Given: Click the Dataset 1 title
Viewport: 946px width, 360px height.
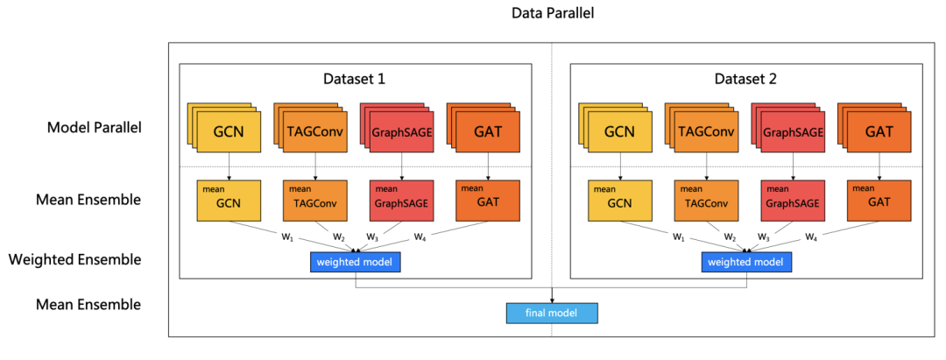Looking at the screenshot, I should pyautogui.click(x=355, y=79).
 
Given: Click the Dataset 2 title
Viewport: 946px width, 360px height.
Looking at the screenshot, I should pyautogui.click(x=745, y=79).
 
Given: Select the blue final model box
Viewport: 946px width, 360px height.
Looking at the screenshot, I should pyautogui.click(x=552, y=313).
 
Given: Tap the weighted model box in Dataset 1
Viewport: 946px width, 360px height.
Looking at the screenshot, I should pyautogui.click(x=356, y=262).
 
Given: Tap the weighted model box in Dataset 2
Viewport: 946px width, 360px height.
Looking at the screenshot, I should pyautogui.click(x=746, y=262).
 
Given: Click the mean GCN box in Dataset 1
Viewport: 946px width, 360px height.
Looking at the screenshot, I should pyautogui.click(x=229, y=200).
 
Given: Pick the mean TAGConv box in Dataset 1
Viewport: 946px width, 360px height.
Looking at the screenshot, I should pyautogui.click(x=315, y=200).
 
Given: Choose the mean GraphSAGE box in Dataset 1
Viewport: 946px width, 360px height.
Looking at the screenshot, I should pyautogui.click(x=402, y=200).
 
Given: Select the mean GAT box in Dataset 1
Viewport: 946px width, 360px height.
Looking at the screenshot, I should pyautogui.click(x=488, y=200).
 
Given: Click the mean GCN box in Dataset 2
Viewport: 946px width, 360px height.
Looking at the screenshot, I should pyautogui.click(x=619, y=200).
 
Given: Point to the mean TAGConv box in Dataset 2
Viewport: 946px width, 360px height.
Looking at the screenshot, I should pyautogui.click(x=706, y=200).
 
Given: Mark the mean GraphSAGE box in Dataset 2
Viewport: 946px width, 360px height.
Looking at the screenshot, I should pyautogui.click(x=793, y=200).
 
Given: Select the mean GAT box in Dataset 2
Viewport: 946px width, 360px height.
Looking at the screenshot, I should pyautogui.click(x=879, y=200).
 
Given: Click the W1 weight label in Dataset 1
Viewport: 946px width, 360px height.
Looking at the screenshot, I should pyautogui.click(x=286, y=236).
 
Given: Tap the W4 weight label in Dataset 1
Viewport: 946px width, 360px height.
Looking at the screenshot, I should pyautogui.click(x=420, y=236).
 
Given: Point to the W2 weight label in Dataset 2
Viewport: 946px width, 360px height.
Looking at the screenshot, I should pyautogui.click(x=730, y=236).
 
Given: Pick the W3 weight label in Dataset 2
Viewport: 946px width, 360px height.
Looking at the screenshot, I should pyautogui.click(x=764, y=236).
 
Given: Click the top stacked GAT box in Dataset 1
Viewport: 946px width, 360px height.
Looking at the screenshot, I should pyautogui.click(x=488, y=132).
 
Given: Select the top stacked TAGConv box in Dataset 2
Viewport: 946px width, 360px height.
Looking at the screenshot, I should pyautogui.click(x=706, y=132).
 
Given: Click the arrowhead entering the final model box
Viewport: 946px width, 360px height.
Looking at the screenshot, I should pyautogui.click(x=553, y=300).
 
